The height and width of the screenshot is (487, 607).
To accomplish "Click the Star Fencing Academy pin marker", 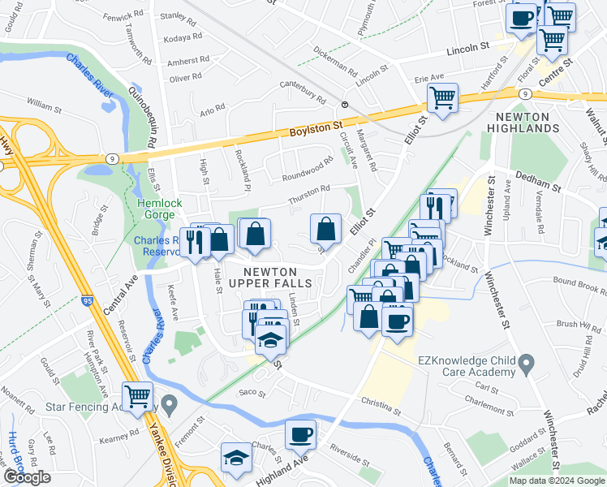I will [169, 403].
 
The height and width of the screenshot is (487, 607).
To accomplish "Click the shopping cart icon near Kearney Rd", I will [137, 396].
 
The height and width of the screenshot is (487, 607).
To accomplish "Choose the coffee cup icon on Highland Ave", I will [300, 435].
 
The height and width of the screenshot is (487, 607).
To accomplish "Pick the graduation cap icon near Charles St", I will [236, 459].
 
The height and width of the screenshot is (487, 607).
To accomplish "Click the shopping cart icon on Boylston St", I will [442, 98].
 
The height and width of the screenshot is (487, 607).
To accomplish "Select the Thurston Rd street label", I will [309, 195].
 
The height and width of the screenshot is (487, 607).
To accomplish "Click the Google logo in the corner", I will [27, 477].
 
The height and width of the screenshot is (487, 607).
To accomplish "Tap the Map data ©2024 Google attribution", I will [557, 481].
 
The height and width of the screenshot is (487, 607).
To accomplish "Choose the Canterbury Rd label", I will [302, 89].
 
